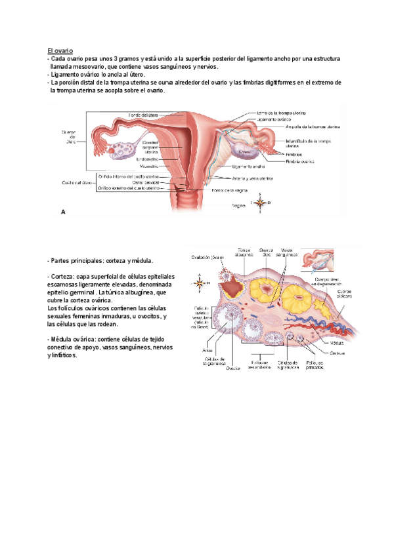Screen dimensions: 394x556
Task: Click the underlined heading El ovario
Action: [x=60, y=50]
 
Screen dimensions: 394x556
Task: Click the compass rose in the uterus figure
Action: [x=260, y=203]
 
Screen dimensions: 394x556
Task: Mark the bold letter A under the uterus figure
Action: [x=63, y=212]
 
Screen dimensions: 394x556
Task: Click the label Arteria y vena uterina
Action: [x=253, y=178]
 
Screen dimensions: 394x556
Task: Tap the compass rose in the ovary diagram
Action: [x=200, y=283]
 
